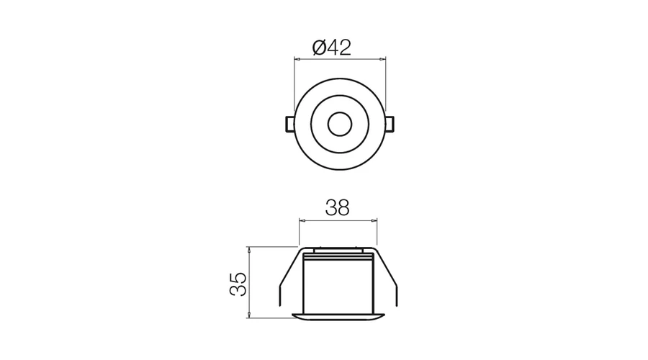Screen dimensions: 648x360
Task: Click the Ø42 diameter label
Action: [332, 48]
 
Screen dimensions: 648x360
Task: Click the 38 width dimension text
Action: [338, 208]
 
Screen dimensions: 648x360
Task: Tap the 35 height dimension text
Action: [238, 284]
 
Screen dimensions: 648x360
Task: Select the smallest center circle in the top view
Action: [340, 124]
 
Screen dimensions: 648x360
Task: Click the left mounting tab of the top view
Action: [290, 125]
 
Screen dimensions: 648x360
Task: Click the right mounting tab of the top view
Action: [390, 125]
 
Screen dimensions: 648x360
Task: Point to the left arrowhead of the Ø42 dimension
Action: [297, 60]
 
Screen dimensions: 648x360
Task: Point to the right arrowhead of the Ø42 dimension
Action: [383, 60]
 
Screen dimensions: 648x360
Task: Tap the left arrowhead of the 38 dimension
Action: [302, 221]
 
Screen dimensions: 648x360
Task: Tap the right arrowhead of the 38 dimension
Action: [374, 221]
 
